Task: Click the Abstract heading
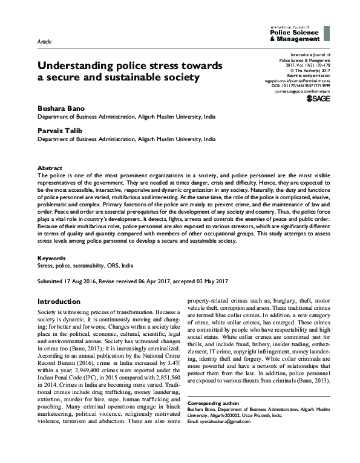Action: tap(50, 167)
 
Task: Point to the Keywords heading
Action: tap(51, 257)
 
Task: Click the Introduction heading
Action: tap(63, 301)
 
